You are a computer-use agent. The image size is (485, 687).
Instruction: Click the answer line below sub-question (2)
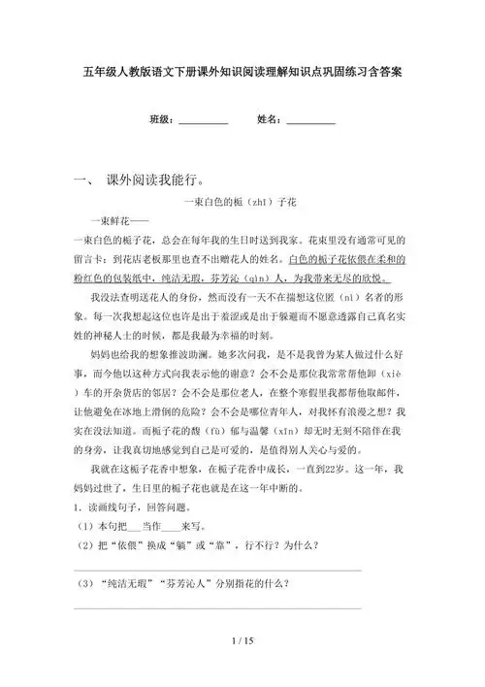tap(217, 570)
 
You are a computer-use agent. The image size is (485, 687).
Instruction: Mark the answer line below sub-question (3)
tap(217, 609)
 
